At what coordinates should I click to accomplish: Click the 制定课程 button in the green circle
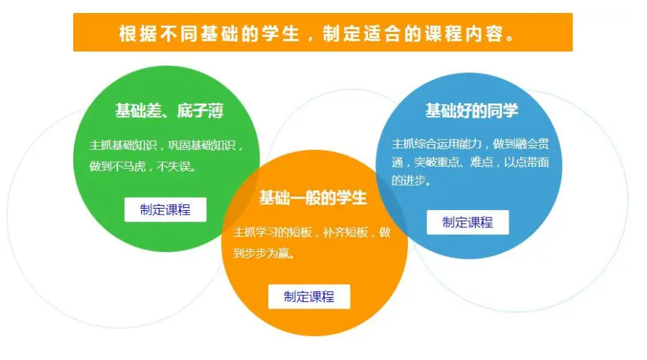[x=165, y=209]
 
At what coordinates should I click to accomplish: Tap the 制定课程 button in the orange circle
[x=309, y=296]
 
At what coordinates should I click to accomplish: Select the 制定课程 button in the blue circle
[x=467, y=222]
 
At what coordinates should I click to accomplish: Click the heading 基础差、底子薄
[x=170, y=111]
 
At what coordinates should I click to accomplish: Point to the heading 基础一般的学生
[x=313, y=198]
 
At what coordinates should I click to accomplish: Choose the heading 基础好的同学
[x=472, y=111]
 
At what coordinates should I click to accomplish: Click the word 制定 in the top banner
[x=342, y=33]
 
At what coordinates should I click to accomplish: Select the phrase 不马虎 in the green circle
[x=129, y=166]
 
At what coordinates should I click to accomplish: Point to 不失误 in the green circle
[x=173, y=166]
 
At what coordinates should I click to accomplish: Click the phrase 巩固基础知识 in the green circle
[x=201, y=145]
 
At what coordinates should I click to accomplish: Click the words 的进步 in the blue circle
[x=408, y=180]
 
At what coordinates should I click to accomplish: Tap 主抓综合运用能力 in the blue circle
[x=437, y=143]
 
